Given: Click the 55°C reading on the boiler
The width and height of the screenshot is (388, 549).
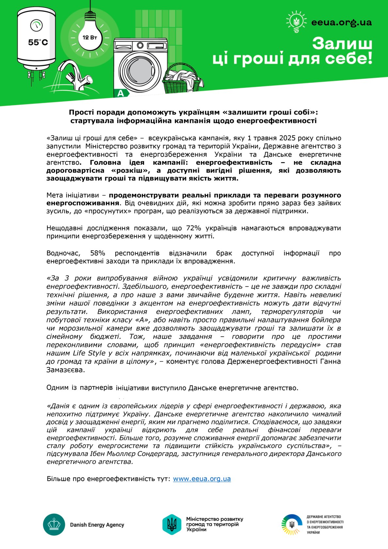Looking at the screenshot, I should [38, 42].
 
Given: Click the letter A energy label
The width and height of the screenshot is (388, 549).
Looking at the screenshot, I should [121, 94].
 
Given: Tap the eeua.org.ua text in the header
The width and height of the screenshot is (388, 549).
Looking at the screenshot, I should [341, 22].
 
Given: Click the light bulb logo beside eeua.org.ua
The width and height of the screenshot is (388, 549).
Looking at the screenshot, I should [297, 22].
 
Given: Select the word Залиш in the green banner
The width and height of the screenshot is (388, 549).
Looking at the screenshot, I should [342, 43].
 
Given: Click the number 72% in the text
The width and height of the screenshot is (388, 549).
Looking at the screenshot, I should [194, 228].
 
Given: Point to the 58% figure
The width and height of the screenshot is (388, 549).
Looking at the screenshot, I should [98, 253].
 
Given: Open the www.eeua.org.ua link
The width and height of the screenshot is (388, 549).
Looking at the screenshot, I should [202, 479].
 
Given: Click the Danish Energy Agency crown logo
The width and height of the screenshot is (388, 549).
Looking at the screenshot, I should [54, 525].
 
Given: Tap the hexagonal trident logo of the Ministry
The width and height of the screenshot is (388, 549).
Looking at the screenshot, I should [172, 524].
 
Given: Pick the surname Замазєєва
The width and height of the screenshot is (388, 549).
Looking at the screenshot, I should [66, 370].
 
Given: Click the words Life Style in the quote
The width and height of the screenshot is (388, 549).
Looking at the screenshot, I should [89, 353].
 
